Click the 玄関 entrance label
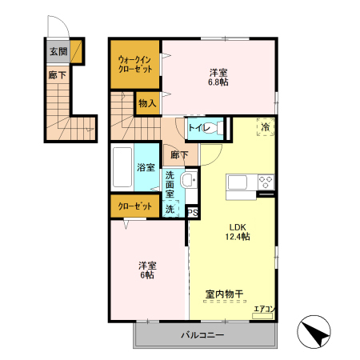[58, 52]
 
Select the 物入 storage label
[146, 103]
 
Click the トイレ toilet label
[198, 128]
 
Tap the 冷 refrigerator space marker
[264, 126]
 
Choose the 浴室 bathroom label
[146, 168]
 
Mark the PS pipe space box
[192, 212]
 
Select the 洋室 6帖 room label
[146, 270]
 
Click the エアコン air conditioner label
[263, 309]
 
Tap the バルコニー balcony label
[202, 334]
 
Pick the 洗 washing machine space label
[170, 209]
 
